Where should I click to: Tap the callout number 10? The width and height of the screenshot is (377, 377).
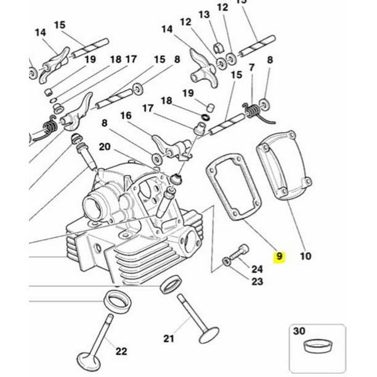point(305,256)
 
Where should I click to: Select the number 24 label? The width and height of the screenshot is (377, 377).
point(257,269)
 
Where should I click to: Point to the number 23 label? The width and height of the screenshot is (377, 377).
point(257,282)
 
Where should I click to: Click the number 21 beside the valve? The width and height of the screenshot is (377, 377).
point(169,338)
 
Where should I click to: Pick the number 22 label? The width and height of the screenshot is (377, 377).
point(121,351)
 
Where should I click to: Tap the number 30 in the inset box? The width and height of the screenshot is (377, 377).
point(299,331)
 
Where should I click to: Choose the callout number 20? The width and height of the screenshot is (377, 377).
point(105,147)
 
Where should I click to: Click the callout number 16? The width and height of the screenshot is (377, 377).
point(126,115)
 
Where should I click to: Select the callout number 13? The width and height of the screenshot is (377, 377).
point(204,14)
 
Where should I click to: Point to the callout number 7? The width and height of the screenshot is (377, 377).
point(251,67)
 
